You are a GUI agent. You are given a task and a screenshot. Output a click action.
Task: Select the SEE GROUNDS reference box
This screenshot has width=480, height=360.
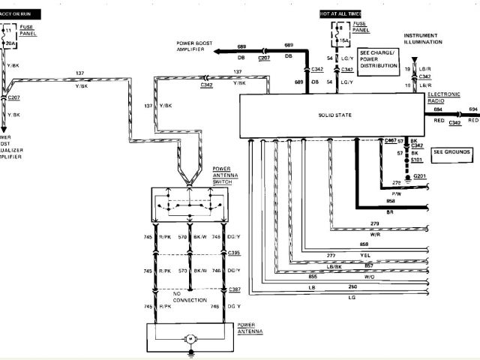coord(451,151)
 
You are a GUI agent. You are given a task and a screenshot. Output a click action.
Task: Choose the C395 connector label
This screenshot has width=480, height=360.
coord(234,253)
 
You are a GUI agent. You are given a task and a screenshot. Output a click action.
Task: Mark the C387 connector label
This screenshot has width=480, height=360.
coord(234,289)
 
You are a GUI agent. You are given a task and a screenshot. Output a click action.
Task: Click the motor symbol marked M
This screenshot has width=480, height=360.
coord(190,339)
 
